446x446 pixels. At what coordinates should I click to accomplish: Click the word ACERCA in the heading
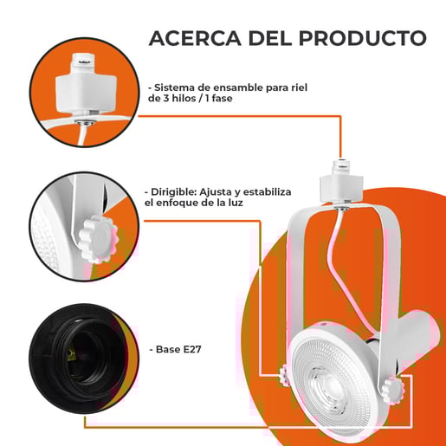click(195, 38)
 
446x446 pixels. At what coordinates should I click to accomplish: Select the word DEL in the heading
click(270, 38)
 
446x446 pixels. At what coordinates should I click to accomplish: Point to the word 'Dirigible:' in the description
click(174, 192)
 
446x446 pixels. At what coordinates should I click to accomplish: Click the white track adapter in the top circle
click(86, 84)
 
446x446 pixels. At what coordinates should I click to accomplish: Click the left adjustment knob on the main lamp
click(285, 375)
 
